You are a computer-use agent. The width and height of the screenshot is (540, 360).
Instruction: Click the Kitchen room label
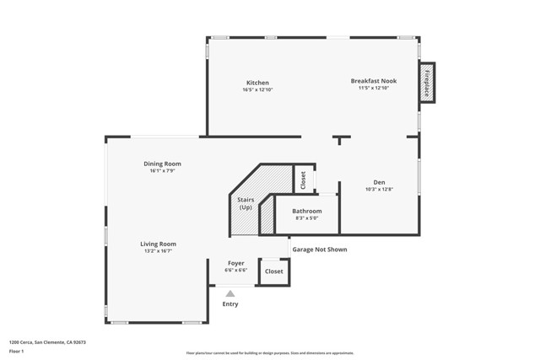tap(257, 83)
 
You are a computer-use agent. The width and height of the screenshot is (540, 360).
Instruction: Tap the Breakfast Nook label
tap(373, 81)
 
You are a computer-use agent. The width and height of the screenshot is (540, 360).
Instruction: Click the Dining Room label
tap(161, 164)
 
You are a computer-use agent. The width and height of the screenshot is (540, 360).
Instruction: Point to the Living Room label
tap(158, 244)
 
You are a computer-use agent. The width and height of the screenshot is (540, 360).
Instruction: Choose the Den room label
tap(379, 182)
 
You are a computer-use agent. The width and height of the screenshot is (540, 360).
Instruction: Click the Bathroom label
tap(306, 211)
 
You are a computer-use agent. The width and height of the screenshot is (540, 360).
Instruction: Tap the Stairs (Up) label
tap(246, 203)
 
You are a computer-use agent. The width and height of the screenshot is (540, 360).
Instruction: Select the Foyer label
tap(235, 263)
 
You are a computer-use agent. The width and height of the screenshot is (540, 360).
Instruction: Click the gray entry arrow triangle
tap(229, 293)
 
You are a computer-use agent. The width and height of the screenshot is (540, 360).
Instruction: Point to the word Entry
tap(229, 304)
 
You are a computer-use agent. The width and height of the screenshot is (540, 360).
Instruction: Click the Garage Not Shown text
tap(319, 250)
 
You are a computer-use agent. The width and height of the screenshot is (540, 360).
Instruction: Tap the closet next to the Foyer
tap(274, 271)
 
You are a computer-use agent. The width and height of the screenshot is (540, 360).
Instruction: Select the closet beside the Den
tap(302, 180)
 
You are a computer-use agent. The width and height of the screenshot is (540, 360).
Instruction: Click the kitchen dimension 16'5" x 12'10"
tap(257, 89)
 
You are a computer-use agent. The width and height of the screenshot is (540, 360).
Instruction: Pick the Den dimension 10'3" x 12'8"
tap(379, 189)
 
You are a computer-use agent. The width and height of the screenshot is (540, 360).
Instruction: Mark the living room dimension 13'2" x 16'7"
tap(158, 250)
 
